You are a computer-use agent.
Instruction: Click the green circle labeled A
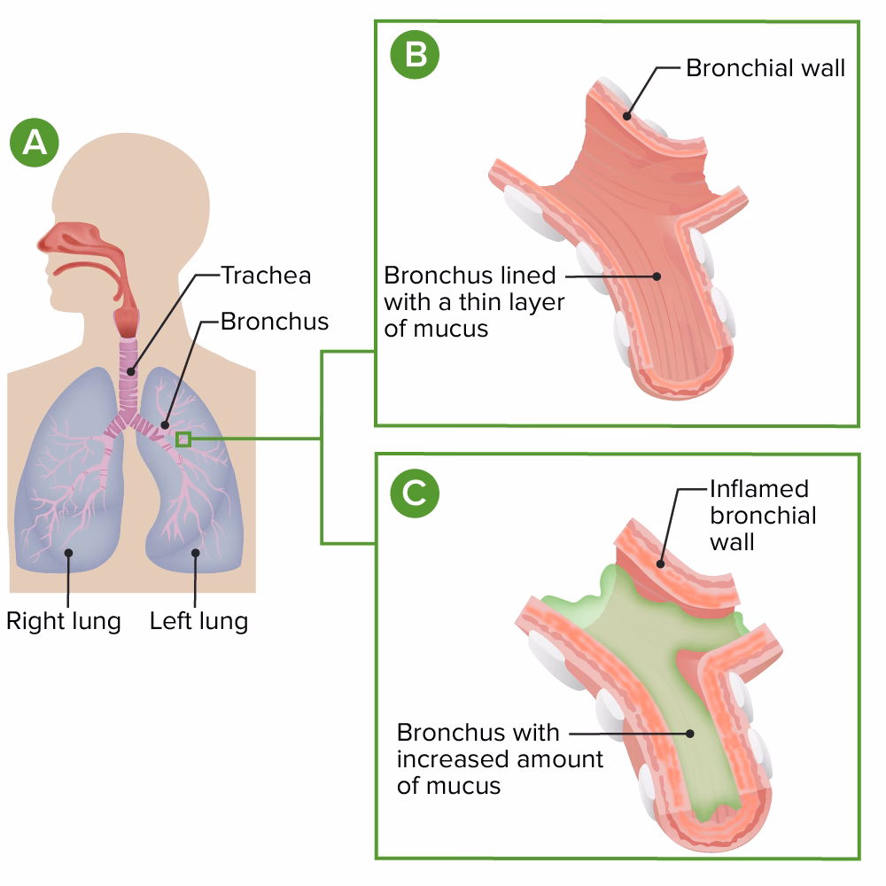(35, 142)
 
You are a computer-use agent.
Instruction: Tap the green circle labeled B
(415, 56)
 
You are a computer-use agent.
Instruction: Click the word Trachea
(266, 276)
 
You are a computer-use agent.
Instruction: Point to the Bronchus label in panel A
(274, 321)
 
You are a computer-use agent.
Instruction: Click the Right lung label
(63, 620)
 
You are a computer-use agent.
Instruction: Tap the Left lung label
(198, 620)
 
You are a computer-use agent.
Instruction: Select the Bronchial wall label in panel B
(766, 68)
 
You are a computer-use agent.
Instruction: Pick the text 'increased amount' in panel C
(500, 759)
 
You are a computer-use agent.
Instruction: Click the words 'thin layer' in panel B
(517, 301)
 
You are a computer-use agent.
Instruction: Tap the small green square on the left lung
(183, 439)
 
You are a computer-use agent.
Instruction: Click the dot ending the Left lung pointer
(195, 552)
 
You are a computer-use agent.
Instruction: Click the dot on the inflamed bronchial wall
(660, 560)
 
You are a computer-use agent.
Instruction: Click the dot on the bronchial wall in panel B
(626, 114)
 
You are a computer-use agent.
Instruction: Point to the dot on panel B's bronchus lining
(657, 276)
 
